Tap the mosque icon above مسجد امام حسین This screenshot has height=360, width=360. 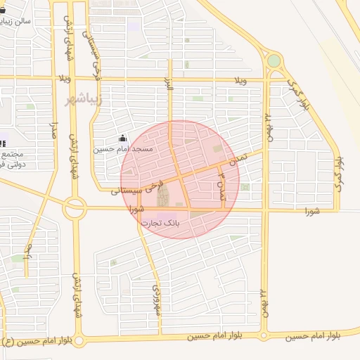tap(124, 138)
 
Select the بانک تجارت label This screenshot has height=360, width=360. tap(161, 223)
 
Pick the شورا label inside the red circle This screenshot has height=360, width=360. tap(136, 209)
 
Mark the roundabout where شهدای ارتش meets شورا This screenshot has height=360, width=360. tap(74, 207)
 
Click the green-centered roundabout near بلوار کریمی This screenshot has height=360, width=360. tap(274, 61)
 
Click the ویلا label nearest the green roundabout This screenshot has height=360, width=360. tap(241, 80)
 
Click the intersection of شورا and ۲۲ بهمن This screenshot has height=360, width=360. tap(266, 210)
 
